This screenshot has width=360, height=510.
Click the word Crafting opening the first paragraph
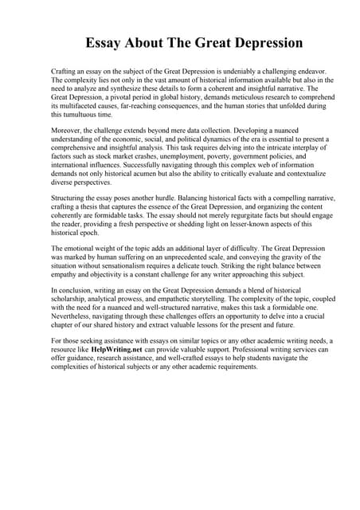tap(65, 72)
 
